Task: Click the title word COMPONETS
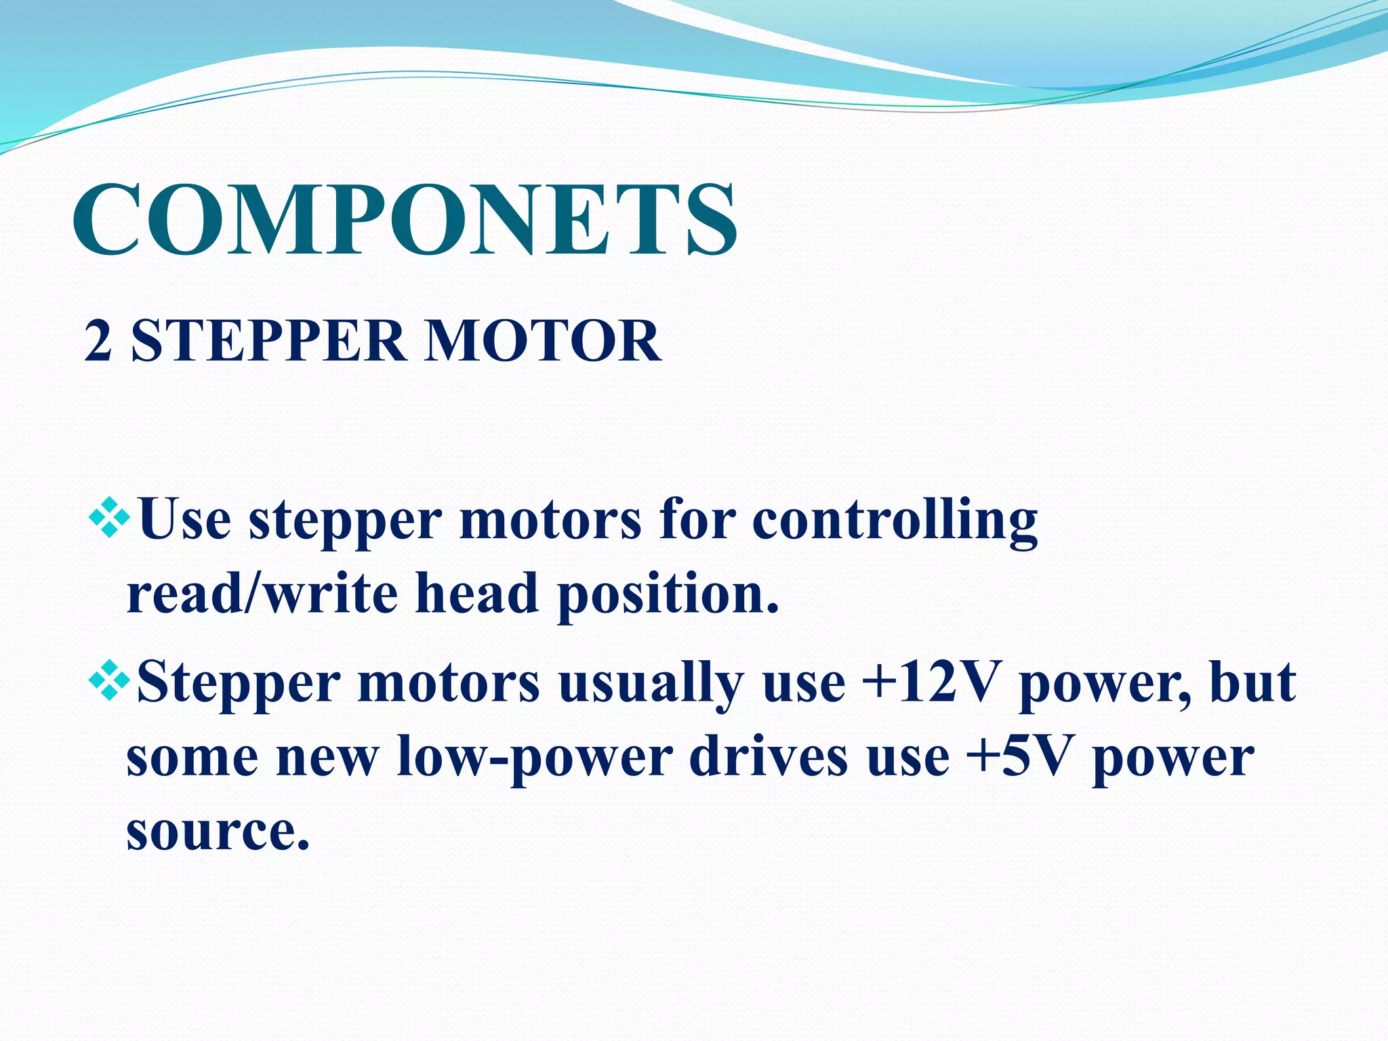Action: pyautogui.click(x=405, y=220)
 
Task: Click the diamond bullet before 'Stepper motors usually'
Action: pyautogui.click(x=109, y=682)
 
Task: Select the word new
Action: pyautogui.click(x=326, y=758)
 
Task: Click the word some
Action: pyautogui.click(x=192, y=758)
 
